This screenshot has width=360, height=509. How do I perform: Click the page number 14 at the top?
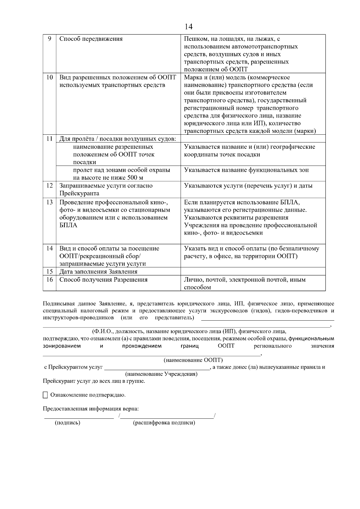[188, 27]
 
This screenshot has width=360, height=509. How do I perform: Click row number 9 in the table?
[49, 39]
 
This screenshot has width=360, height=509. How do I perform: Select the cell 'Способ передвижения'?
[91, 39]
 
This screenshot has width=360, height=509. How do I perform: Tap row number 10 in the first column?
[49, 77]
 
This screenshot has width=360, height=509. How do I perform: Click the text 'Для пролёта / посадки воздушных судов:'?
[117, 139]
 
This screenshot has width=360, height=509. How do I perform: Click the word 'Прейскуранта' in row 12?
[79, 193]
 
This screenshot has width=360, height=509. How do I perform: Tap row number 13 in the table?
[49, 202]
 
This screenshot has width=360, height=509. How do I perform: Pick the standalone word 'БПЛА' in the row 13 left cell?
[68, 226]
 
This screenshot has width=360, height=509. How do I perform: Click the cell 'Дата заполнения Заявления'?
[98, 272]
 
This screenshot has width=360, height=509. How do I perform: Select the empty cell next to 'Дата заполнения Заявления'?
[253, 271]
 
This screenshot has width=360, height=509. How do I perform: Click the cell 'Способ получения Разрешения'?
[103, 280]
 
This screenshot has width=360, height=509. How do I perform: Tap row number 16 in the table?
[49, 280]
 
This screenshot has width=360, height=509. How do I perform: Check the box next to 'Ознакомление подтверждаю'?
[45, 395]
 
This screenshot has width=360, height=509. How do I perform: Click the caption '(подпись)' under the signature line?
[67, 423]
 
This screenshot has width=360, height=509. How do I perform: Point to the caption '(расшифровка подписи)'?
[164, 423]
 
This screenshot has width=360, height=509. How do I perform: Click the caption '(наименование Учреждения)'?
[161, 374]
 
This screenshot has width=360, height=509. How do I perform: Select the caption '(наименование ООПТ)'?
[193, 360]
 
